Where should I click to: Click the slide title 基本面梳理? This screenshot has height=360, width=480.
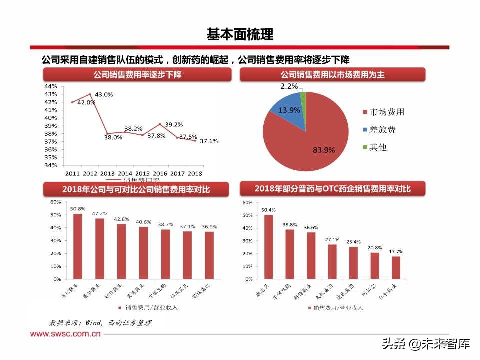(x=240, y=34)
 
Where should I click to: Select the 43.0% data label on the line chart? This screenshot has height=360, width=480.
(x=104, y=94)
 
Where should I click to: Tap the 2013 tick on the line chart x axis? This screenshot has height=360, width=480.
(x=107, y=173)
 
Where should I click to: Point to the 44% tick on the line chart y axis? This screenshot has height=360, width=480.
(x=50, y=86)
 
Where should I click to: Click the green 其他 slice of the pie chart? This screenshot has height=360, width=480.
(x=303, y=97)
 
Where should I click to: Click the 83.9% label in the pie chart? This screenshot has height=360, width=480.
(x=324, y=149)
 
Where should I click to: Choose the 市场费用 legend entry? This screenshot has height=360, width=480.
(x=386, y=112)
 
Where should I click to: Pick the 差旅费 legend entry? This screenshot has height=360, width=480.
(x=382, y=130)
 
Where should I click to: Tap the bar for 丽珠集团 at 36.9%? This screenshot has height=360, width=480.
(x=209, y=255)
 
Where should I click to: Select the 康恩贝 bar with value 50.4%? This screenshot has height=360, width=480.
(x=269, y=247)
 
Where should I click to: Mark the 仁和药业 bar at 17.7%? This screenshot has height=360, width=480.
(x=396, y=268)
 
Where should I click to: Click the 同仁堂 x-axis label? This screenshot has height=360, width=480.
(x=372, y=291)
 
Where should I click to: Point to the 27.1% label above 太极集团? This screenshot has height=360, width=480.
(x=332, y=239)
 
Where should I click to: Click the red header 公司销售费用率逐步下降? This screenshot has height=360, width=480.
(x=137, y=75)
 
